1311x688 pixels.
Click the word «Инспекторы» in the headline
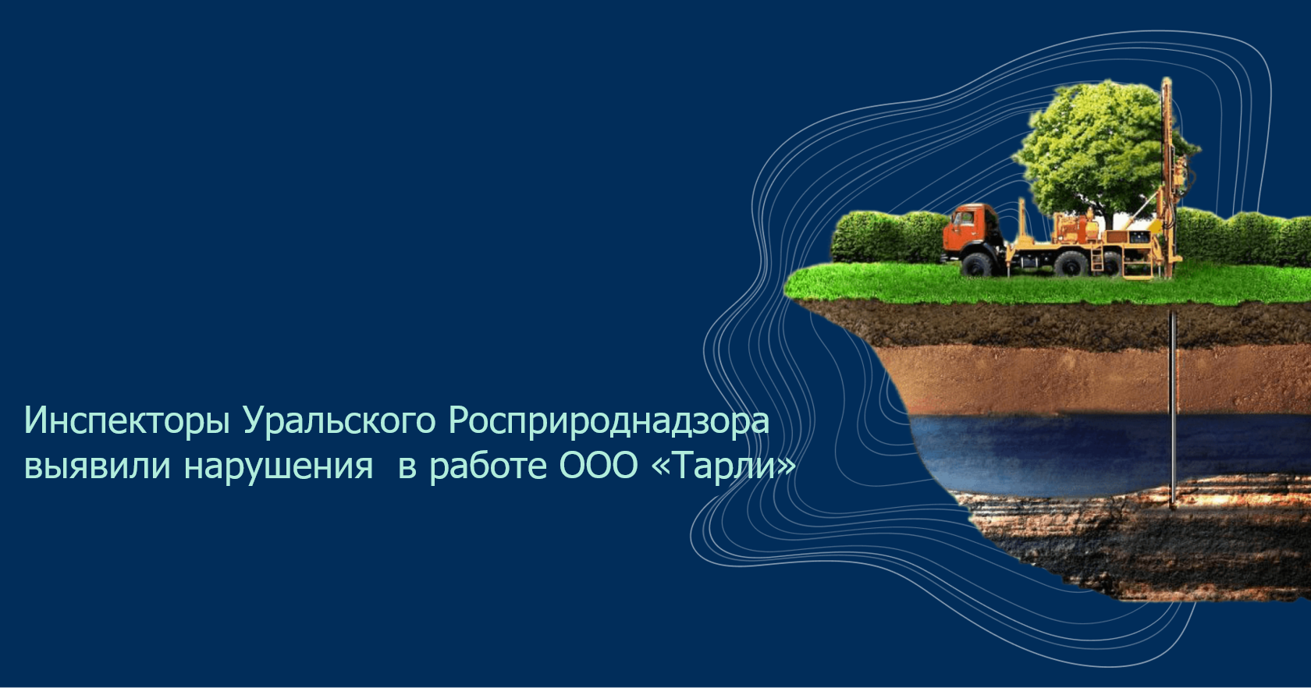click(x=126, y=421)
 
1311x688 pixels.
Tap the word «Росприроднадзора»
click(x=609, y=421)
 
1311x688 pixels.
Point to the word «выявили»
click(x=97, y=466)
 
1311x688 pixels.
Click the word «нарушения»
click(x=279, y=466)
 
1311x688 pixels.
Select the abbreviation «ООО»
click(x=598, y=466)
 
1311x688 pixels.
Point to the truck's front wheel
click(x=976, y=264)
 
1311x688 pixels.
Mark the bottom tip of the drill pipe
click(x=1172, y=506)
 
